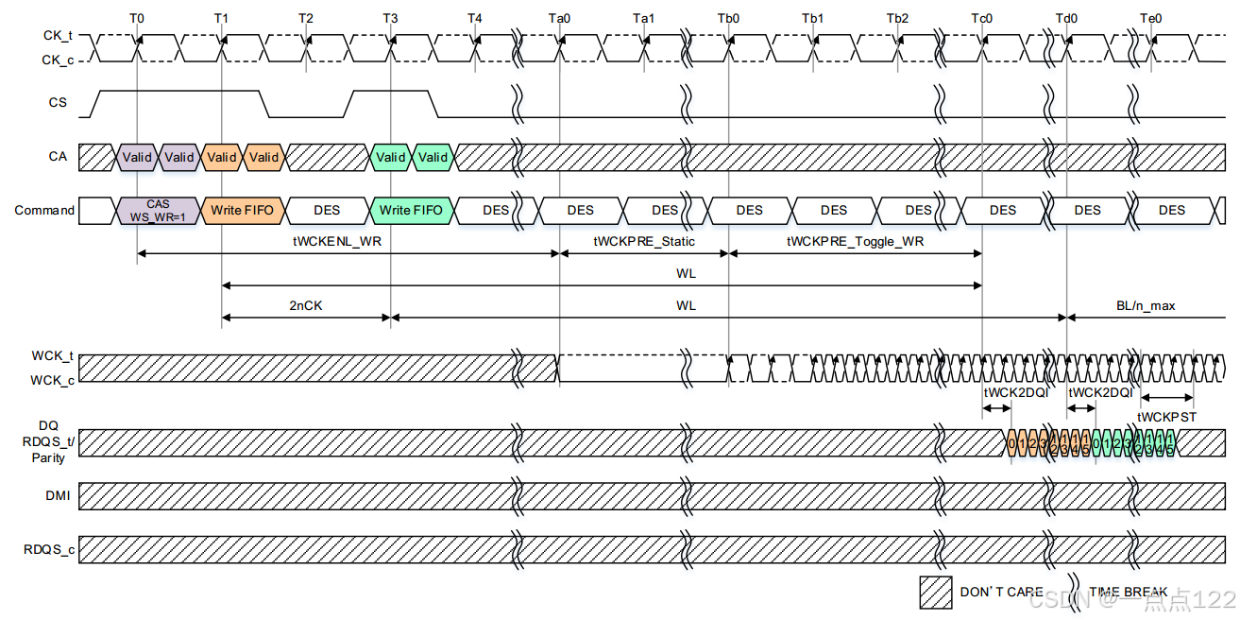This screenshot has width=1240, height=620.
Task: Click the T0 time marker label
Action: [x=137, y=18]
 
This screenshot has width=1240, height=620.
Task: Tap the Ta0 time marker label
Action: [x=559, y=18]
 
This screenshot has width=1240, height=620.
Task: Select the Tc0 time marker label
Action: [x=982, y=18]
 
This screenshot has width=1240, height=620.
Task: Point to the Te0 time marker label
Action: [x=1151, y=18]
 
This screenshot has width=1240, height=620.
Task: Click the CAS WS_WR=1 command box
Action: [x=158, y=211]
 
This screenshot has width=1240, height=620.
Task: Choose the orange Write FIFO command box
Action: [x=241, y=210]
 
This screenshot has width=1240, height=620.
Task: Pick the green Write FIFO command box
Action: [x=411, y=210]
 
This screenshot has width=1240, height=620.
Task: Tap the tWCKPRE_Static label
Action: [x=644, y=241]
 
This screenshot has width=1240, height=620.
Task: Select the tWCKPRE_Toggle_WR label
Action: [x=855, y=241]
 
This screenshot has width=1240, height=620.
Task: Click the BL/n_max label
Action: [x=1145, y=305]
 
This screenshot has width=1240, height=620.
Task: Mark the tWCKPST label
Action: [x=1166, y=416]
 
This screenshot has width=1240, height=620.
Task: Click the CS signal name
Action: [x=58, y=102]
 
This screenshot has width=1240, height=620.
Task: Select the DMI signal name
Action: [x=57, y=494]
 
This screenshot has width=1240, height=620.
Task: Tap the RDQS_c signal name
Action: [x=49, y=548]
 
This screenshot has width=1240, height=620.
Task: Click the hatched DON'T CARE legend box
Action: [x=936, y=592]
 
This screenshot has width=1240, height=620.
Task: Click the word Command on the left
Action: [x=44, y=210]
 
